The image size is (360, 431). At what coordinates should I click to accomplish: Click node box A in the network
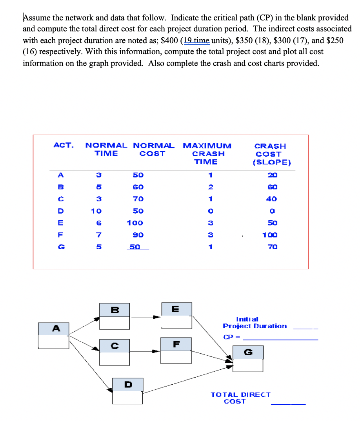(53, 335)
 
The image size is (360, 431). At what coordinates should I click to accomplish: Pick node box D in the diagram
(127, 391)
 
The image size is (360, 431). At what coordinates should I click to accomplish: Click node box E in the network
(177, 315)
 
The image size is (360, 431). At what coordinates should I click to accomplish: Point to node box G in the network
(248, 358)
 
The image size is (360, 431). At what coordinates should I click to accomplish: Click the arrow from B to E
(145, 316)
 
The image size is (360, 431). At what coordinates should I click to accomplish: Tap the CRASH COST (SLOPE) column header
(270, 154)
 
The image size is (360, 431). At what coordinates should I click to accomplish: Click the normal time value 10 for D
(96, 211)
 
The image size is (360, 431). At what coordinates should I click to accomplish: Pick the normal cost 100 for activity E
(135, 223)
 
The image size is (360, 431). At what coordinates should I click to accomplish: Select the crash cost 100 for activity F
(270, 235)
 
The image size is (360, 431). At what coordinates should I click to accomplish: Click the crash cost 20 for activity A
(272, 175)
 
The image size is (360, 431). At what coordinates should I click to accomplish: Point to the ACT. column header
(63, 145)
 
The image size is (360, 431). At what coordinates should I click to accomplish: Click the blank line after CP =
(280, 338)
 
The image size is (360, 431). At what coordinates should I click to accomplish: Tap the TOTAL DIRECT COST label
(240, 398)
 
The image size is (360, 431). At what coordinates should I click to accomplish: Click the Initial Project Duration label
(255, 323)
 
